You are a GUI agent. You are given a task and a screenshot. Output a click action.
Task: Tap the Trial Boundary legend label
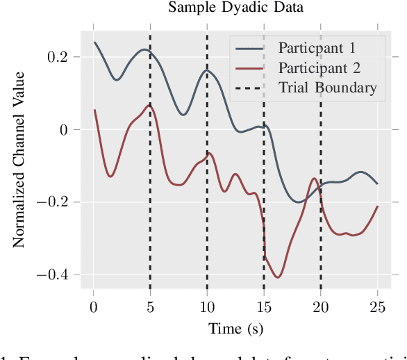coord(327,88)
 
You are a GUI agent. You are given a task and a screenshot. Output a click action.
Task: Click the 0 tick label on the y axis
coord(65,130)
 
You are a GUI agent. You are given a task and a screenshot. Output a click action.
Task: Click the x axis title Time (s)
coord(236,328)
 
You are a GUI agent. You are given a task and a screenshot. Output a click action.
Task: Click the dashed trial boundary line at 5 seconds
coord(150,208)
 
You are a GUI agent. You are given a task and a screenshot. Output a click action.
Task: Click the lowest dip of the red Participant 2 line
coord(278,277)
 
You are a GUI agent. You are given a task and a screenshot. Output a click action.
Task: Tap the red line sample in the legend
coord(251,68)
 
